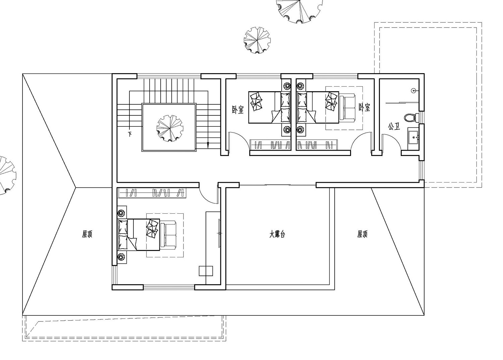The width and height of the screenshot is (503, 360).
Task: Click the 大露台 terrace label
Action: (277, 235)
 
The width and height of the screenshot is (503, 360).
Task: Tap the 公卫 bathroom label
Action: (394, 126)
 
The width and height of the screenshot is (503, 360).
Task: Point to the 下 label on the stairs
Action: (130, 135)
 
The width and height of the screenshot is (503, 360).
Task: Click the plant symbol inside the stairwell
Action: (170, 128)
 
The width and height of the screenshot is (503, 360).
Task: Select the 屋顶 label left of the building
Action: (87, 235)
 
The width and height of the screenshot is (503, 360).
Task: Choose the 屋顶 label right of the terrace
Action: (362, 235)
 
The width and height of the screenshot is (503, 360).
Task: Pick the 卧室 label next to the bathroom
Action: (364, 107)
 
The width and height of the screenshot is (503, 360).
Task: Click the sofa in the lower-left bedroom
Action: (168, 235)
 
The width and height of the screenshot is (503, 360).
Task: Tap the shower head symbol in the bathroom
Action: (413, 91)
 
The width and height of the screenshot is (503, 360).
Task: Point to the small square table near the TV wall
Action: (206, 271)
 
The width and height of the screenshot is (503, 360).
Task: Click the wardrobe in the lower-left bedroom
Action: (152, 193)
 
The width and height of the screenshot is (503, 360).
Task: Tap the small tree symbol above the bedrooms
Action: (257, 40)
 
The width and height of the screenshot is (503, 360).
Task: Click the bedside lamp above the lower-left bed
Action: (122, 212)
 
